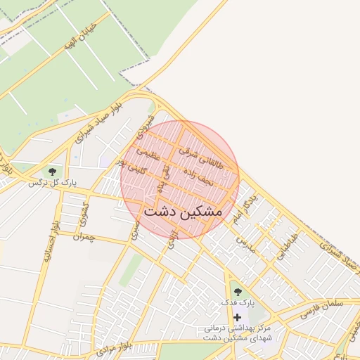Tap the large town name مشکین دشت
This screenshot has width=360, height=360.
[182, 210]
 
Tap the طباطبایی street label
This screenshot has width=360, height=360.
[286, 247]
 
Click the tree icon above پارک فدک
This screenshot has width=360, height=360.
[237, 290]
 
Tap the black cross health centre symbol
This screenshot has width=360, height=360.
[237, 317]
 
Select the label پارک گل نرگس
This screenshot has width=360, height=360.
[51, 183]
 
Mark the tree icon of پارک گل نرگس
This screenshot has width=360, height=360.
[51, 171]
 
